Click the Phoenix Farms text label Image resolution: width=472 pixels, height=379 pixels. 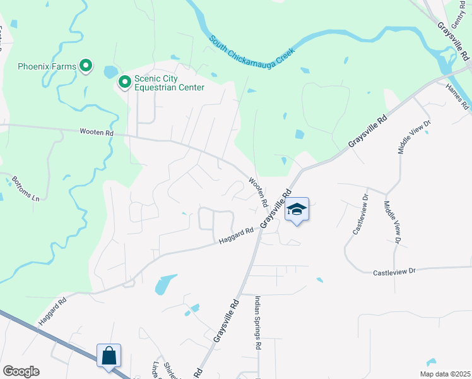point(47,66)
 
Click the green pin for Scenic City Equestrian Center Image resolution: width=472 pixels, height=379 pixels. point(124,81)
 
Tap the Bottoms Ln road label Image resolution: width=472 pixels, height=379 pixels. point(26,189)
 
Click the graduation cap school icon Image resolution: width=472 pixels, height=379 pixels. point(297,209)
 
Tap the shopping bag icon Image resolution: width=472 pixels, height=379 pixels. point(109,356)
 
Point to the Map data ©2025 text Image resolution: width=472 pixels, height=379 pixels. point(444,374)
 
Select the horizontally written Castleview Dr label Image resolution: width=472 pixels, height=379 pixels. point(395,272)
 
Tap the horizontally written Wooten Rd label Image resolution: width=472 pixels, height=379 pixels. point(97,133)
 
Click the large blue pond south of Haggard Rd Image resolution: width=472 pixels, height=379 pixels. point(165,284)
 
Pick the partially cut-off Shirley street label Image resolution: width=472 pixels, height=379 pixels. point(169,370)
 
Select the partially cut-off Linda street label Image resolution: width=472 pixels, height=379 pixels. point(156,371)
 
